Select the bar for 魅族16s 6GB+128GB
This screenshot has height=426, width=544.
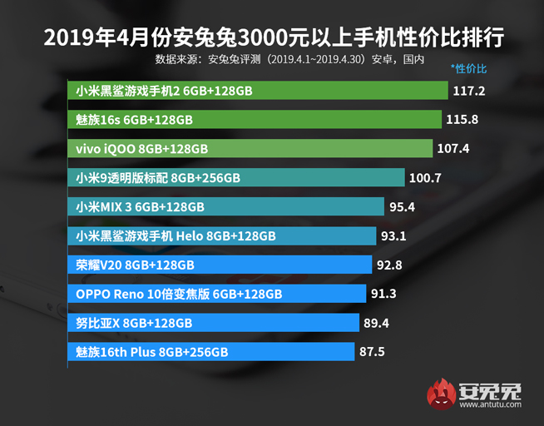coord(253,120)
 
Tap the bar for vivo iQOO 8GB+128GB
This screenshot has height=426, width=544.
coord(249,149)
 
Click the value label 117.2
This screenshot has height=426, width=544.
coord(470,91)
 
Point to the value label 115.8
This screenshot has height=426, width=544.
coord(462,120)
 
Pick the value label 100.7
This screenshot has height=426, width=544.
coord(426,178)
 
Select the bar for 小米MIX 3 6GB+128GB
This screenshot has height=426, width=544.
coord(225,206)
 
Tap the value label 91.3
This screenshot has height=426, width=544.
coord(386,294)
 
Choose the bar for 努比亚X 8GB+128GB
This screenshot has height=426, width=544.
coord(213,323)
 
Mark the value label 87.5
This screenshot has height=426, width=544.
coord(371,352)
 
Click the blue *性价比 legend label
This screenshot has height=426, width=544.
coord(469,67)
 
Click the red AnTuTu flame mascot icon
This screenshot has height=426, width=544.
coord(441,391)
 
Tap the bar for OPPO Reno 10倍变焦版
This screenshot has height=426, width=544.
coord(216,294)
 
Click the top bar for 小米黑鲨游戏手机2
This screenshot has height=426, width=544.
coord(257,91)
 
